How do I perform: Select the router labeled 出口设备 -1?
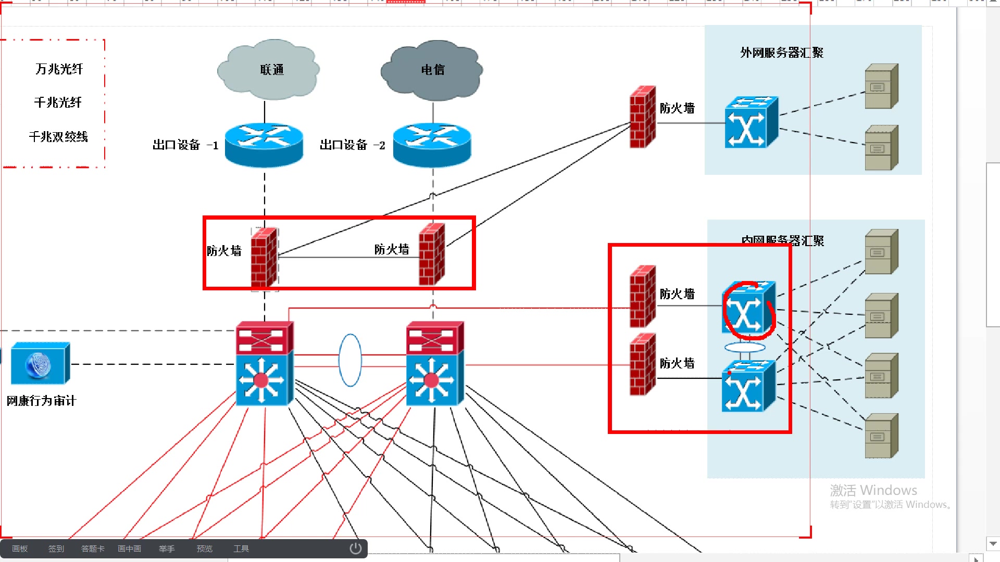point(264,145)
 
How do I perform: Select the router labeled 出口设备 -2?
point(432,145)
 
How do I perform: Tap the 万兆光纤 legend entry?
point(59,69)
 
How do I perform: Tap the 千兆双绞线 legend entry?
point(58,137)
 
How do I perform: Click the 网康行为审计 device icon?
point(40,363)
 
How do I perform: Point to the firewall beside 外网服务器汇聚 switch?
point(642,117)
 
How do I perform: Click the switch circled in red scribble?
point(748,309)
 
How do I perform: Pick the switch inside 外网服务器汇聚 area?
point(751,123)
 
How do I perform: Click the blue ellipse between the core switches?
point(350,360)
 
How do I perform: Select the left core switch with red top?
point(264,363)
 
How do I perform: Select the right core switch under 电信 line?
point(434,363)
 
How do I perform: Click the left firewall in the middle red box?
point(264,257)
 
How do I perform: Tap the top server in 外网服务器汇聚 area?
point(881,86)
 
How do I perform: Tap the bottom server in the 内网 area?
point(881,436)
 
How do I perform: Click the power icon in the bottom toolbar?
point(355,548)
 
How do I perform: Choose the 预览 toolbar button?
point(204,548)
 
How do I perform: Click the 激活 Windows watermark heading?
point(873,490)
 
